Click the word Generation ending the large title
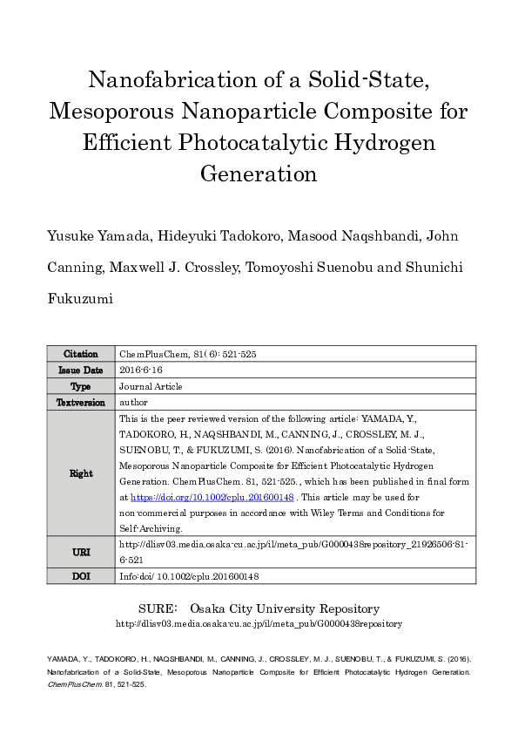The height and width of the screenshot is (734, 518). click(259, 173)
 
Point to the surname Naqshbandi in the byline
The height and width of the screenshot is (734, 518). click(370, 235)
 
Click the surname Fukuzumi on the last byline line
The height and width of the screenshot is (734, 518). click(81, 298)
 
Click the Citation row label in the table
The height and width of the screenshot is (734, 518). click(81, 354)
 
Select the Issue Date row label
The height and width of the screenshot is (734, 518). click(81, 370)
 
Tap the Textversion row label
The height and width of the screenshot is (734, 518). click(81, 403)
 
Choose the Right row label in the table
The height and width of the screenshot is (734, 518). click(81, 473)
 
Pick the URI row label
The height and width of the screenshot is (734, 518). click(81, 552)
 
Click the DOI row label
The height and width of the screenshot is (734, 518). click(81, 576)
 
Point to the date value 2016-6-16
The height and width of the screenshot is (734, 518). click(141, 370)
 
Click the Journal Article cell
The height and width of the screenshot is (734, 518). click(151, 386)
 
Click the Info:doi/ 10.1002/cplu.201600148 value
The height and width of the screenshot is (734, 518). click(189, 576)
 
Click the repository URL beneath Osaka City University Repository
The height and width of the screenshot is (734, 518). click(259, 624)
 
